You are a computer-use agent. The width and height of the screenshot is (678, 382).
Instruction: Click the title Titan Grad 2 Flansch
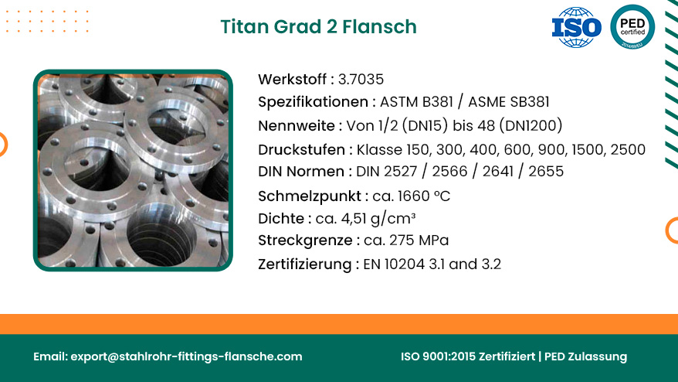(x=318, y=27)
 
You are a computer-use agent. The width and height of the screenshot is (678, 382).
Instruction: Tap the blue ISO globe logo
(x=576, y=27)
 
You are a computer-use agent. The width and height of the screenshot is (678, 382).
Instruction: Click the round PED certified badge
(x=632, y=27)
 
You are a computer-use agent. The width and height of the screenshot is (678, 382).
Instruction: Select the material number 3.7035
(x=361, y=79)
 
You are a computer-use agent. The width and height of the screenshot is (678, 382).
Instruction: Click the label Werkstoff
(x=292, y=79)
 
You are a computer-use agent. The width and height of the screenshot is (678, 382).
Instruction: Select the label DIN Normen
(x=300, y=171)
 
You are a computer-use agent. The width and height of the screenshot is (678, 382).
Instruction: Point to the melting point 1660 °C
(x=422, y=196)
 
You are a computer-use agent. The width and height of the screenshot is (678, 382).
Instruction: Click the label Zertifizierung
(x=304, y=264)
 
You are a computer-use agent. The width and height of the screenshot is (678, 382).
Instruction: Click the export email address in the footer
(x=186, y=356)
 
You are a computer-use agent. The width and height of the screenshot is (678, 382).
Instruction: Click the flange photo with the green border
(x=133, y=170)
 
